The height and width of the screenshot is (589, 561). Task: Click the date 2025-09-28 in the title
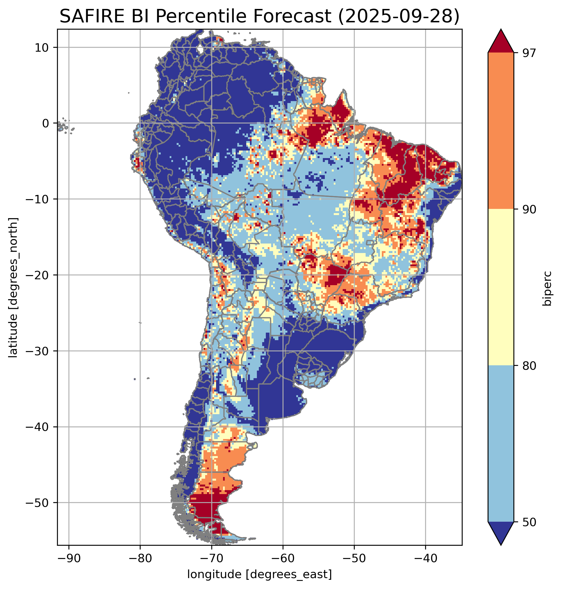[398, 16]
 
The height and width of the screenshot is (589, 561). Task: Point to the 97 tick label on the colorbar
[528, 53]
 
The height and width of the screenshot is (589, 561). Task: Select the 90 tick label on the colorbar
[528, 209]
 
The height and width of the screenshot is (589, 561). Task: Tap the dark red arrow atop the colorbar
[501, 42]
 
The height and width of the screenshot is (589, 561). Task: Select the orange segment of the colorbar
[501, 131]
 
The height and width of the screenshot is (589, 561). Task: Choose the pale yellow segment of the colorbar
[501, 287]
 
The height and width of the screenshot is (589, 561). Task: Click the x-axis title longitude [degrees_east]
[259, 574]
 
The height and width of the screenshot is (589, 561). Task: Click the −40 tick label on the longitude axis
[425, 559]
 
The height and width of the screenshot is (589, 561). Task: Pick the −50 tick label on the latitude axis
[38, 503]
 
